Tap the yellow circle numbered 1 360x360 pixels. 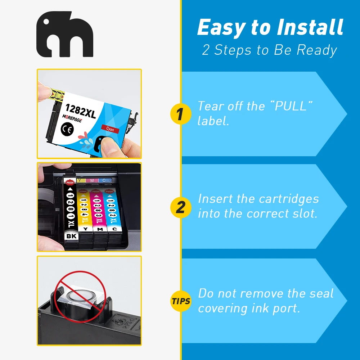[x=181, y=114]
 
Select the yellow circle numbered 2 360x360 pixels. [x=181, y=207]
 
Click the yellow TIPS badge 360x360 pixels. [x=181, y=301]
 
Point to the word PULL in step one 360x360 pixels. [x=291, y=106]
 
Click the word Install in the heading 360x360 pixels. [x=310, y=27]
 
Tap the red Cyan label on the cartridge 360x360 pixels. [x=110, y=129]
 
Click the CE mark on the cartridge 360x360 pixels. [x=67, y=129]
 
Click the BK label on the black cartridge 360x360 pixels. [x=71, y=236]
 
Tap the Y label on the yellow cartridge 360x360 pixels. [x=85, y=229]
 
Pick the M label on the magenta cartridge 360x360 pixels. [x=100, y=229]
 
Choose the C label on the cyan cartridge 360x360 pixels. [x=114, y=229]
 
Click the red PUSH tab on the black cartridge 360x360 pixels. [x=70, y=183]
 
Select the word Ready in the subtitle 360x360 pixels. [x=317, y=50]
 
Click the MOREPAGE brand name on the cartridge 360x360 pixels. [x=72, y=118]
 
